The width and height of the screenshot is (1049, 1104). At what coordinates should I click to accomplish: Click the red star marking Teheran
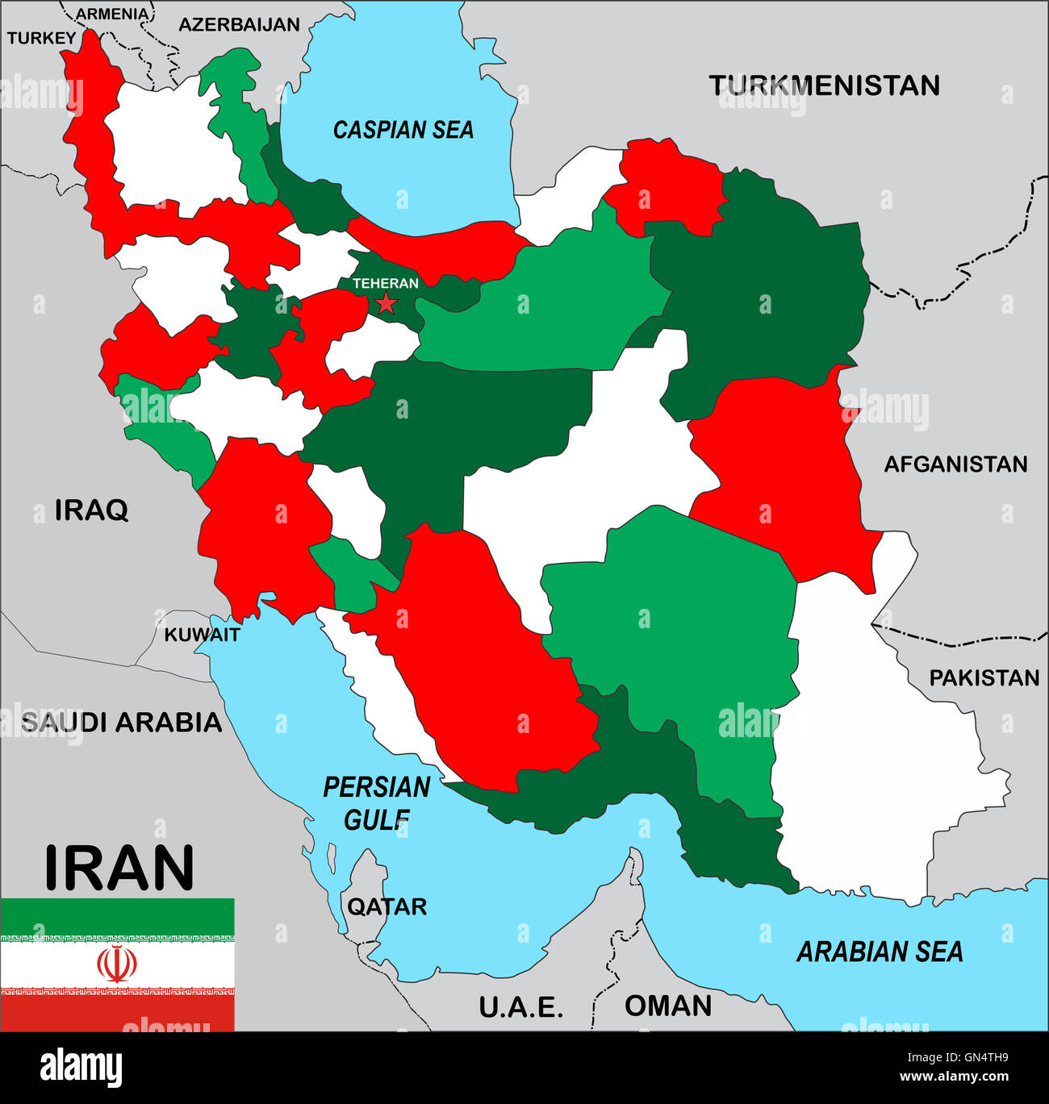click(x=387, y=303)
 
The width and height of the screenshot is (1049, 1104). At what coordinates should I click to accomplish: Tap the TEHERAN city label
click(x=386, y=283)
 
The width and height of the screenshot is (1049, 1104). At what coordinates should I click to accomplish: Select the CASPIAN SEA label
click(x=403, y=130)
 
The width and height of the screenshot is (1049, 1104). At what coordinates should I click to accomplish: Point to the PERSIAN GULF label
click(x=377, y=803)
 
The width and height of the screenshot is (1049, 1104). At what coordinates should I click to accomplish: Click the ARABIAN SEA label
click(x=880, y=952)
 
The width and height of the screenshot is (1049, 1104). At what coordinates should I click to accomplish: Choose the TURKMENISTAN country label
click(x=824, y=85)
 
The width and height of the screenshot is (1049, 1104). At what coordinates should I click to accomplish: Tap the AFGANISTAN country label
click(x=955, y=464)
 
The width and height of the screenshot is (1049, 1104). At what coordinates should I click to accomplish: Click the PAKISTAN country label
click(x=984, y=677)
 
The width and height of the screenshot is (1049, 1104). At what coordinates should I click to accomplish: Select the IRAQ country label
click(x=91, y=510)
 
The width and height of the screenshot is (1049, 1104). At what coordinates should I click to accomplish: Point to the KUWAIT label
click(x=202, y=635)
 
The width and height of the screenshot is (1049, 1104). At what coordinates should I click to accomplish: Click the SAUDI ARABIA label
click(x=121, y=722)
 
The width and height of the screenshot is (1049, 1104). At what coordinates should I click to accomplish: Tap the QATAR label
click(x=387, y=906)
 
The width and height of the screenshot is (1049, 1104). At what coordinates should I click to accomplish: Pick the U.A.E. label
click(x=520, y=1006)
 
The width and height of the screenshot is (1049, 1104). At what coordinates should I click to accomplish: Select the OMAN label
click(x=668, y=1006)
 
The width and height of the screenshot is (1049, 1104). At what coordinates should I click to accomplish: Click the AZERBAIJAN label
click(x=239, y=24)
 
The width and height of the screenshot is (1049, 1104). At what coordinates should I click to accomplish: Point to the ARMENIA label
click(x=112, y=14)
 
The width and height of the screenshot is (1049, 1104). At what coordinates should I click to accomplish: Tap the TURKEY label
click(x=41, y=38)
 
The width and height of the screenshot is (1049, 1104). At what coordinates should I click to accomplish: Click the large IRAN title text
click(x=119, y=868)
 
